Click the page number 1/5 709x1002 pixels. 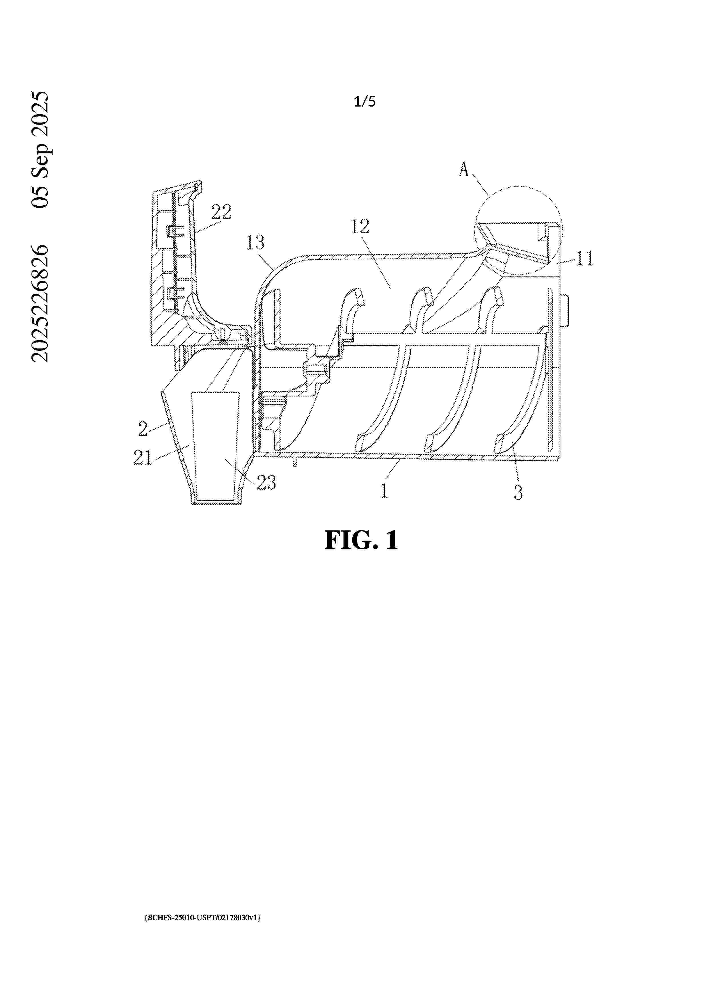coord(365,102)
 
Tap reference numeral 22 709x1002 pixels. coord(221,212)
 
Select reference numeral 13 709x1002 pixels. coord(255,243)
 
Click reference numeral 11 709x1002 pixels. coord(585,258)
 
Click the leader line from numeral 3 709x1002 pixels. coord(515,468)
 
